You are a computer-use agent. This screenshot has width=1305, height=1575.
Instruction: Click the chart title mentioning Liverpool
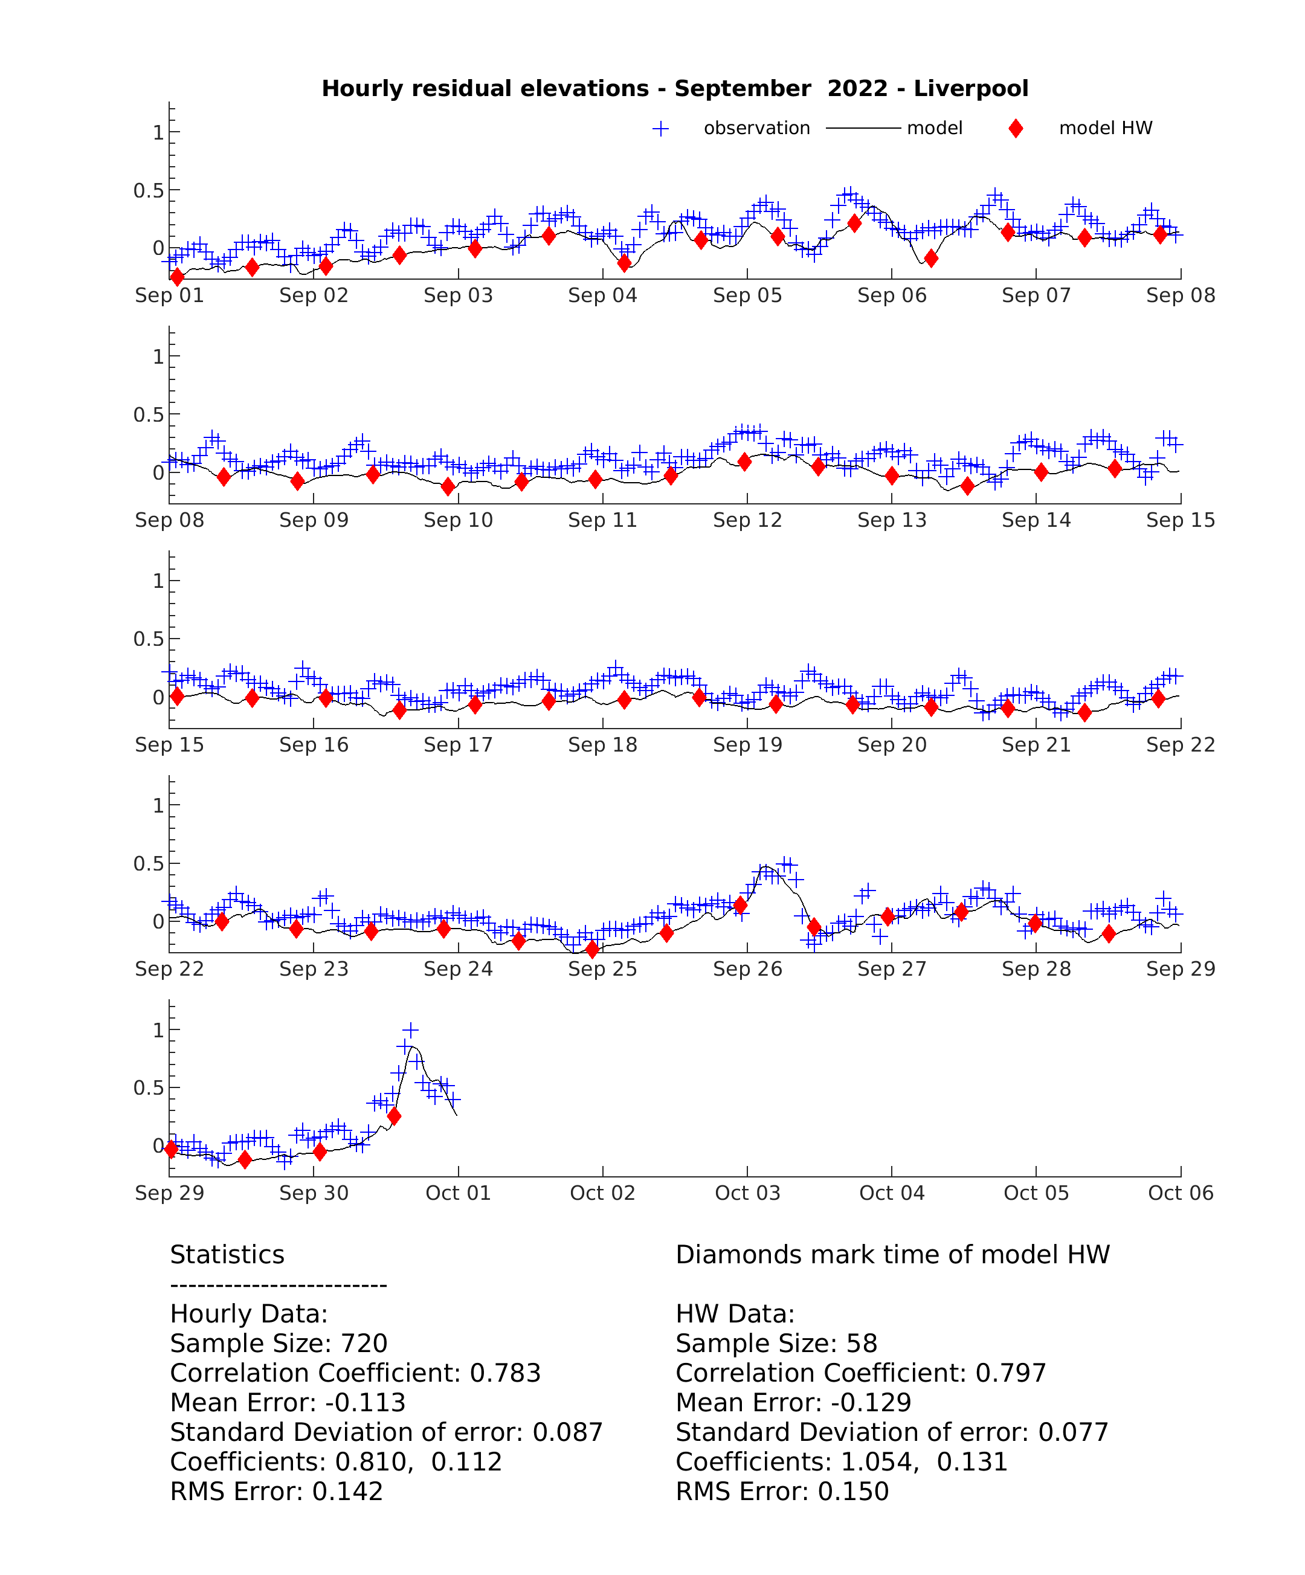pyautogui.click(x=674, y=88)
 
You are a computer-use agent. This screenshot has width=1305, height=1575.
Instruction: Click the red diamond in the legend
pyautogui.click(x=1016, y=128)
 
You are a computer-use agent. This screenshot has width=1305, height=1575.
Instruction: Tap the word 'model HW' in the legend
pyautogui.click(x=1106, y=128)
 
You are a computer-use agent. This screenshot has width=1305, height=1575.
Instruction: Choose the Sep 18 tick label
pyautogui.click(x=602, y=745)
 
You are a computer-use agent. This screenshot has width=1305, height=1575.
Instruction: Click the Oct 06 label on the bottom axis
pyautogui.click(x=1181, y=1193)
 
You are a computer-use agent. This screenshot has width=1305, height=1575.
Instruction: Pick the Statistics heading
pyautogui.click(x=227, y=1255)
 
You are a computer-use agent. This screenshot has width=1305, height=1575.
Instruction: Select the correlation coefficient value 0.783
pyautogui.click(x=506, y=1373)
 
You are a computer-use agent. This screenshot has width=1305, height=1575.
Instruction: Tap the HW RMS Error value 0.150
pyautogui.click(x=854, y=1492)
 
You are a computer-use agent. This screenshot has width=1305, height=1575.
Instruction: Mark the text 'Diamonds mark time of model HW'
pyautogui.click(x=892, y=1255)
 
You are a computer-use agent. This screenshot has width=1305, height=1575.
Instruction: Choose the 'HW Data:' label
pyautogui.click(x=735, y=1314)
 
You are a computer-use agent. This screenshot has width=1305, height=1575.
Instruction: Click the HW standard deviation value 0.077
pyautogui.click(x=1073, y=1432)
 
